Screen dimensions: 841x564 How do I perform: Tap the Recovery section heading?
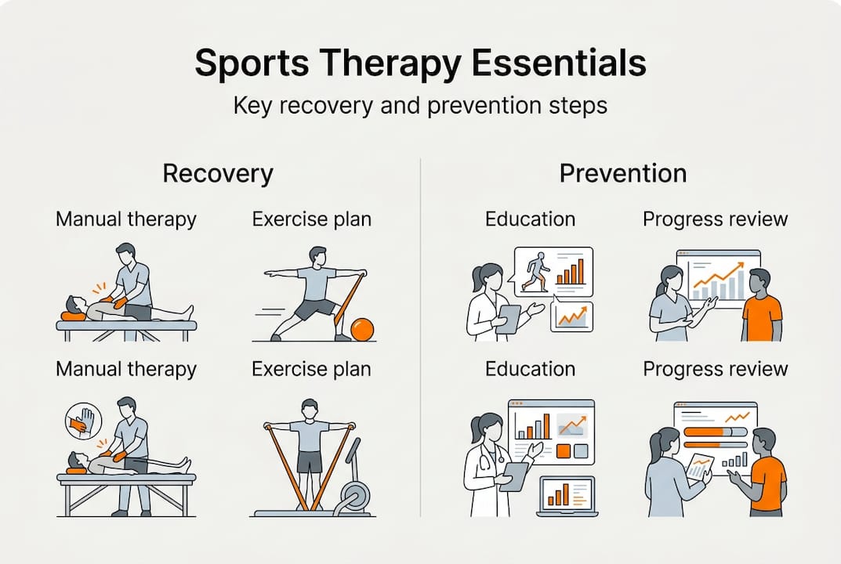click(x=218, y=173)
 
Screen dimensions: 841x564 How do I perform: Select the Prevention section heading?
click(x=622, y=173)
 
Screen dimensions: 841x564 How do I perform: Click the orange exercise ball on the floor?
click(x=362, y=329)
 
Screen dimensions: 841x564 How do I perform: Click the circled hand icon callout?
click(x=83, y=421)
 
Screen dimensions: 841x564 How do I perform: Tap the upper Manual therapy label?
click(x=126, y=219)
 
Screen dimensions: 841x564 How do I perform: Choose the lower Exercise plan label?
click(x=312, y=370)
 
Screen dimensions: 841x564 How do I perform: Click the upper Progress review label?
click(x=715, y=219)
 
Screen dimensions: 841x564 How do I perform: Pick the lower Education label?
click(x=530, y=369)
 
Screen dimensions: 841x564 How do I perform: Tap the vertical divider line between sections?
click(x=420, y=338)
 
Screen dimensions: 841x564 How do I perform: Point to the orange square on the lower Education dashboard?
click(x=564, y=451)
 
